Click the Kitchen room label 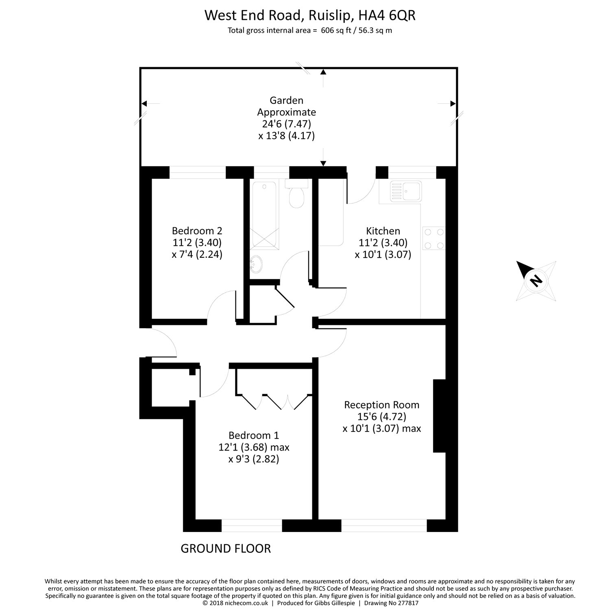383,231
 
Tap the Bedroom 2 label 197,231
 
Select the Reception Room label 381,405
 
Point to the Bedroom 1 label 254,436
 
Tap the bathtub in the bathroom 264,214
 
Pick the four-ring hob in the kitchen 434,238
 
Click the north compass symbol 536,280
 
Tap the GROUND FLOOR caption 226,549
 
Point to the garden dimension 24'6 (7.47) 287,124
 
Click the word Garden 287,100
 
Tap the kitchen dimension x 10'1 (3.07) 383,255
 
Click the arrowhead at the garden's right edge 453,104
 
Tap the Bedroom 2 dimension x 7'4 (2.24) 197,255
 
